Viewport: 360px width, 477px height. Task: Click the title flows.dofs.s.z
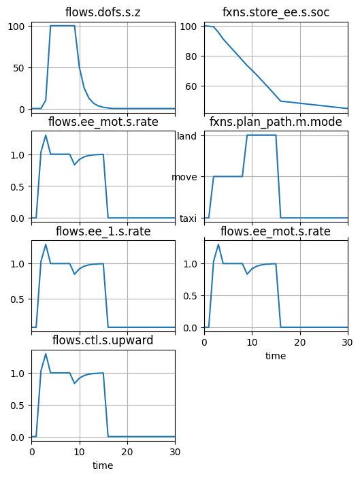coord(103,12)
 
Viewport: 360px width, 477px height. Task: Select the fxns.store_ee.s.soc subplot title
coord(276,12)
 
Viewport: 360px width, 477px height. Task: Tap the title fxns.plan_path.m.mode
coord(276,122)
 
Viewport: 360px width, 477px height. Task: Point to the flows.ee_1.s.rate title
coord(103,231)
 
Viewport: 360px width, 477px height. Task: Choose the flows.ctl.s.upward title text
coord(103,340)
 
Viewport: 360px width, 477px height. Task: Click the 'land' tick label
coord(186,136)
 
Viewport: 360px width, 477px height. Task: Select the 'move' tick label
coord(184,177)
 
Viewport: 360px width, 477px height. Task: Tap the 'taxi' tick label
coord(188,218)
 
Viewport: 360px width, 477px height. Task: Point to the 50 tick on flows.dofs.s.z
coord(18,68)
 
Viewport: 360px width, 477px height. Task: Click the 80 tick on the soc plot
coord(191,56)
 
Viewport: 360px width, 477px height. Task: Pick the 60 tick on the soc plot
coord(191,86)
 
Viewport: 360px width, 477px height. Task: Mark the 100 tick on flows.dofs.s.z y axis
coord(16,27)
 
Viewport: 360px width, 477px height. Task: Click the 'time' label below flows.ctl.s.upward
coord(103,465)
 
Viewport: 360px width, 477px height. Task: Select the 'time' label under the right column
coord(276,356)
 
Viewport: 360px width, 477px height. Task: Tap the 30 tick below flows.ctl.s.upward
coord(175,452)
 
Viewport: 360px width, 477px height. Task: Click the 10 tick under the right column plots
coord(252,342)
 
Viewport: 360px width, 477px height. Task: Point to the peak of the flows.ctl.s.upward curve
coord(46,354)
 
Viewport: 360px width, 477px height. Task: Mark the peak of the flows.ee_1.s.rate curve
coord(46,244)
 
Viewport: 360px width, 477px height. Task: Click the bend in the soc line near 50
coord(280,101)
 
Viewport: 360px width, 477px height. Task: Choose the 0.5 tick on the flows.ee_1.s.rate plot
coord(17,299)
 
